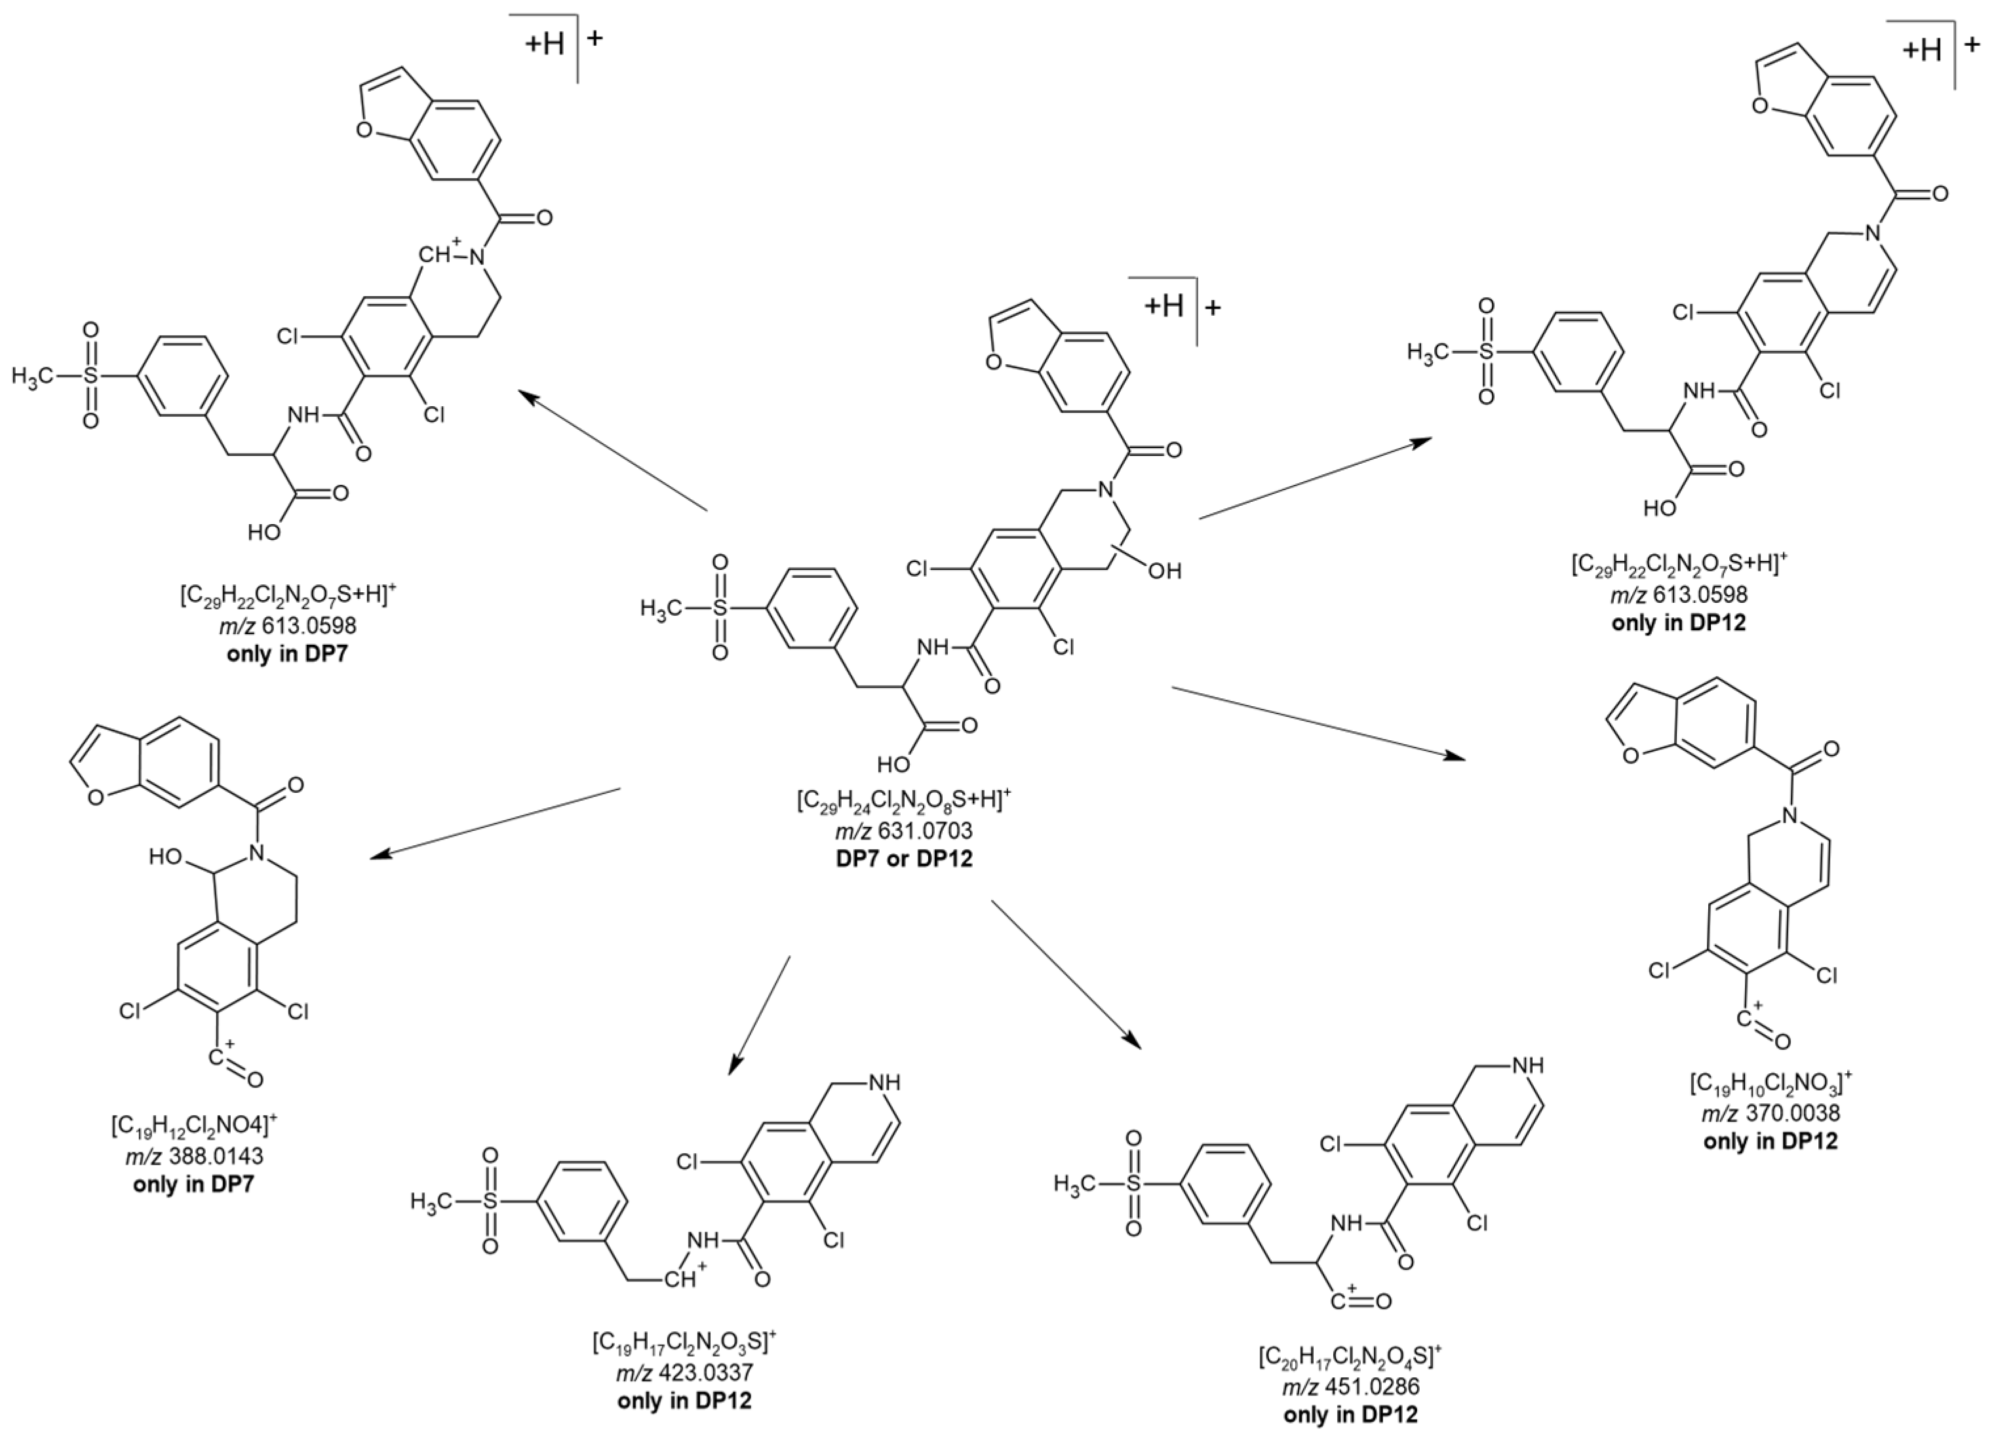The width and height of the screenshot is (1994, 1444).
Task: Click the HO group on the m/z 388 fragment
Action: tap(168, 857)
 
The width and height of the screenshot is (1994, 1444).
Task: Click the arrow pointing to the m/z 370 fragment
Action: tap(1319, 723)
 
